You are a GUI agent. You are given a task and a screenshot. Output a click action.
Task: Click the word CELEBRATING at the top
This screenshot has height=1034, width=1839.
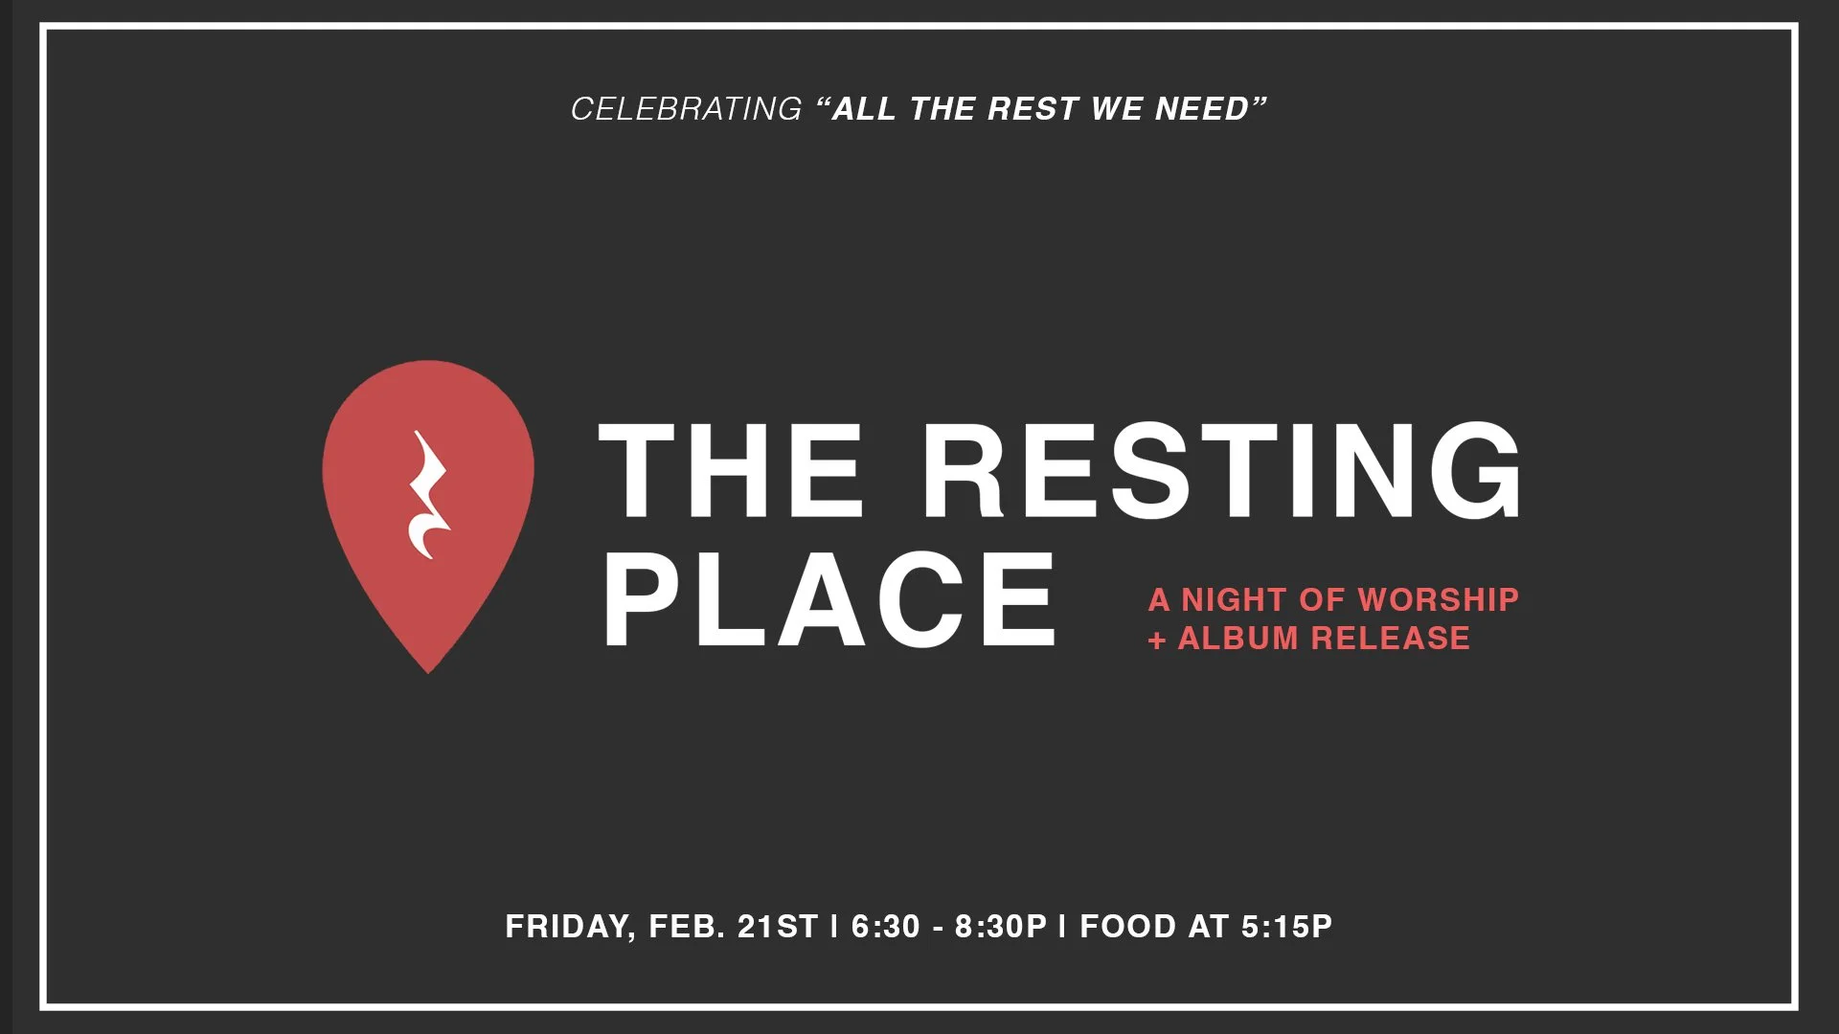pyautogui.click(x=686, y=109)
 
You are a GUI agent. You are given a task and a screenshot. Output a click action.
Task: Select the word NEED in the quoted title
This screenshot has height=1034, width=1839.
pyautogui.click(x=1203, y=109)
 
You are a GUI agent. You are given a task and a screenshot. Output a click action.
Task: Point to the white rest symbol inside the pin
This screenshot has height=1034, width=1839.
pyautogui.click(x=428, y=495)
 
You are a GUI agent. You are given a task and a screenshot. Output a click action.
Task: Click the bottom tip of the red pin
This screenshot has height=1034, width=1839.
pyautogui.click(x=428, y=668)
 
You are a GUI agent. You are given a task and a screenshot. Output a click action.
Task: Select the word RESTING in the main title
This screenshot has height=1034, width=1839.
pyautogui.click(x=1221, y=471)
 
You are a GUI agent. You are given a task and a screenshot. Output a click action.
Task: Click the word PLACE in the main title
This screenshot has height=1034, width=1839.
pyautogui.click(x=829, y=600)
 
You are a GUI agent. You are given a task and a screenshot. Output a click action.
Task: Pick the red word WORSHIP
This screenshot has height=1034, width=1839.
pyautogui.click(x=1438, y=599)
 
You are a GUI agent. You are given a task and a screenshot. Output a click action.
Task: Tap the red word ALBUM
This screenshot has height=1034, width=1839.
pyautogui.click(x=1237, y=639)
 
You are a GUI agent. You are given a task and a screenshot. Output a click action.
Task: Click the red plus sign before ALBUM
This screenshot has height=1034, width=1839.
pyautogui.click(x=1157, y=640)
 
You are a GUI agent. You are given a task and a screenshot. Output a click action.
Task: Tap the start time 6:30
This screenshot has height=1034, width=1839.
pyautogui.click(x=886, y=927)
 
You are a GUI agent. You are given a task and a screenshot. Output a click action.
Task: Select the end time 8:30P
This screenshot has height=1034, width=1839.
pyautogui.click(x=1001, y=927)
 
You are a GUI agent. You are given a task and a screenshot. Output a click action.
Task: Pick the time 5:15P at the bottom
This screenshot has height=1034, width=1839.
pyautogui.click(x=1286, y=927)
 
